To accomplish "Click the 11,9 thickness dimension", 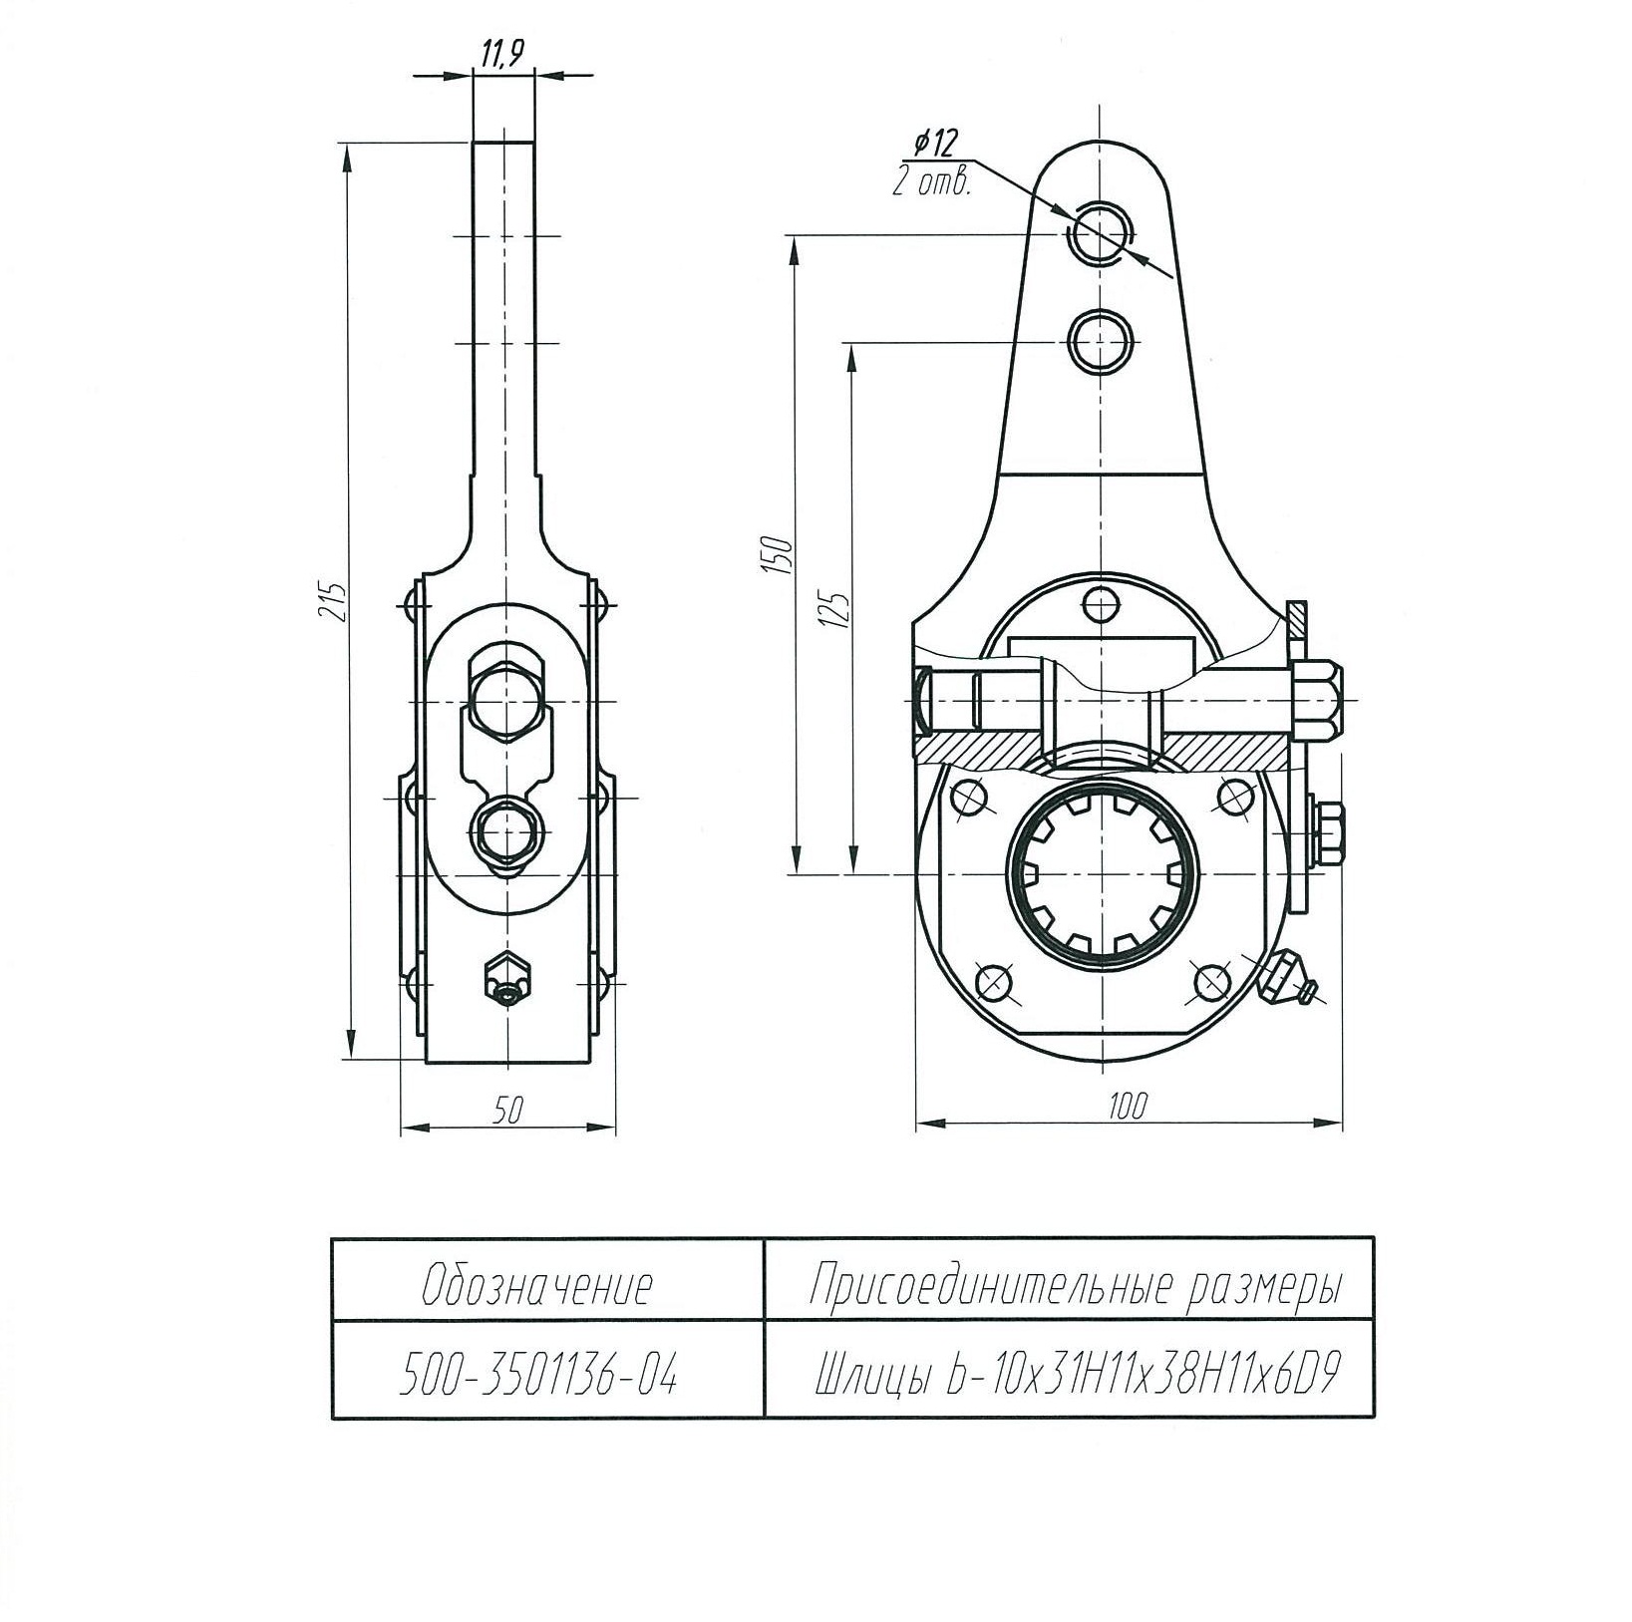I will pyautogui.click(x=502, y=55).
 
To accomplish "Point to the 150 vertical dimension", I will pyautogui.click(x=781, y=555).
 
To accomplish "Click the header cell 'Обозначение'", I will pyautogui.click(x=538, y=1287).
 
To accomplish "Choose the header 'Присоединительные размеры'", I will pyautogui.click(x=1072, y=1287).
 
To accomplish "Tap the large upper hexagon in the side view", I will pyautogui.click(x=507, y=702).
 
